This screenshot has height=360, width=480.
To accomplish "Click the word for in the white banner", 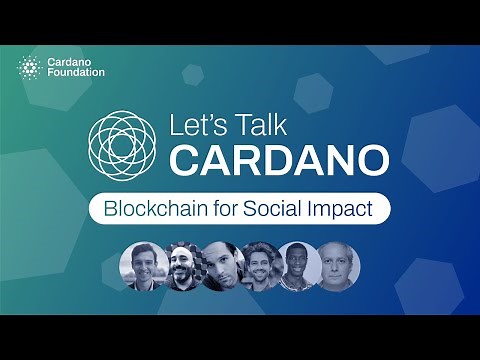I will pyautogui.click(x=213, y=211).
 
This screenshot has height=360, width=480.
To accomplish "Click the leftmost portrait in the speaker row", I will pyautogui.click(x=141, y=265).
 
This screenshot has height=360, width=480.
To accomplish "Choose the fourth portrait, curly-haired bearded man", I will pyautogui.click(x=261, y=265).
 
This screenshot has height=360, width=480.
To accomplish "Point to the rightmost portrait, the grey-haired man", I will pyautogui.click(x=339, y=265).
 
